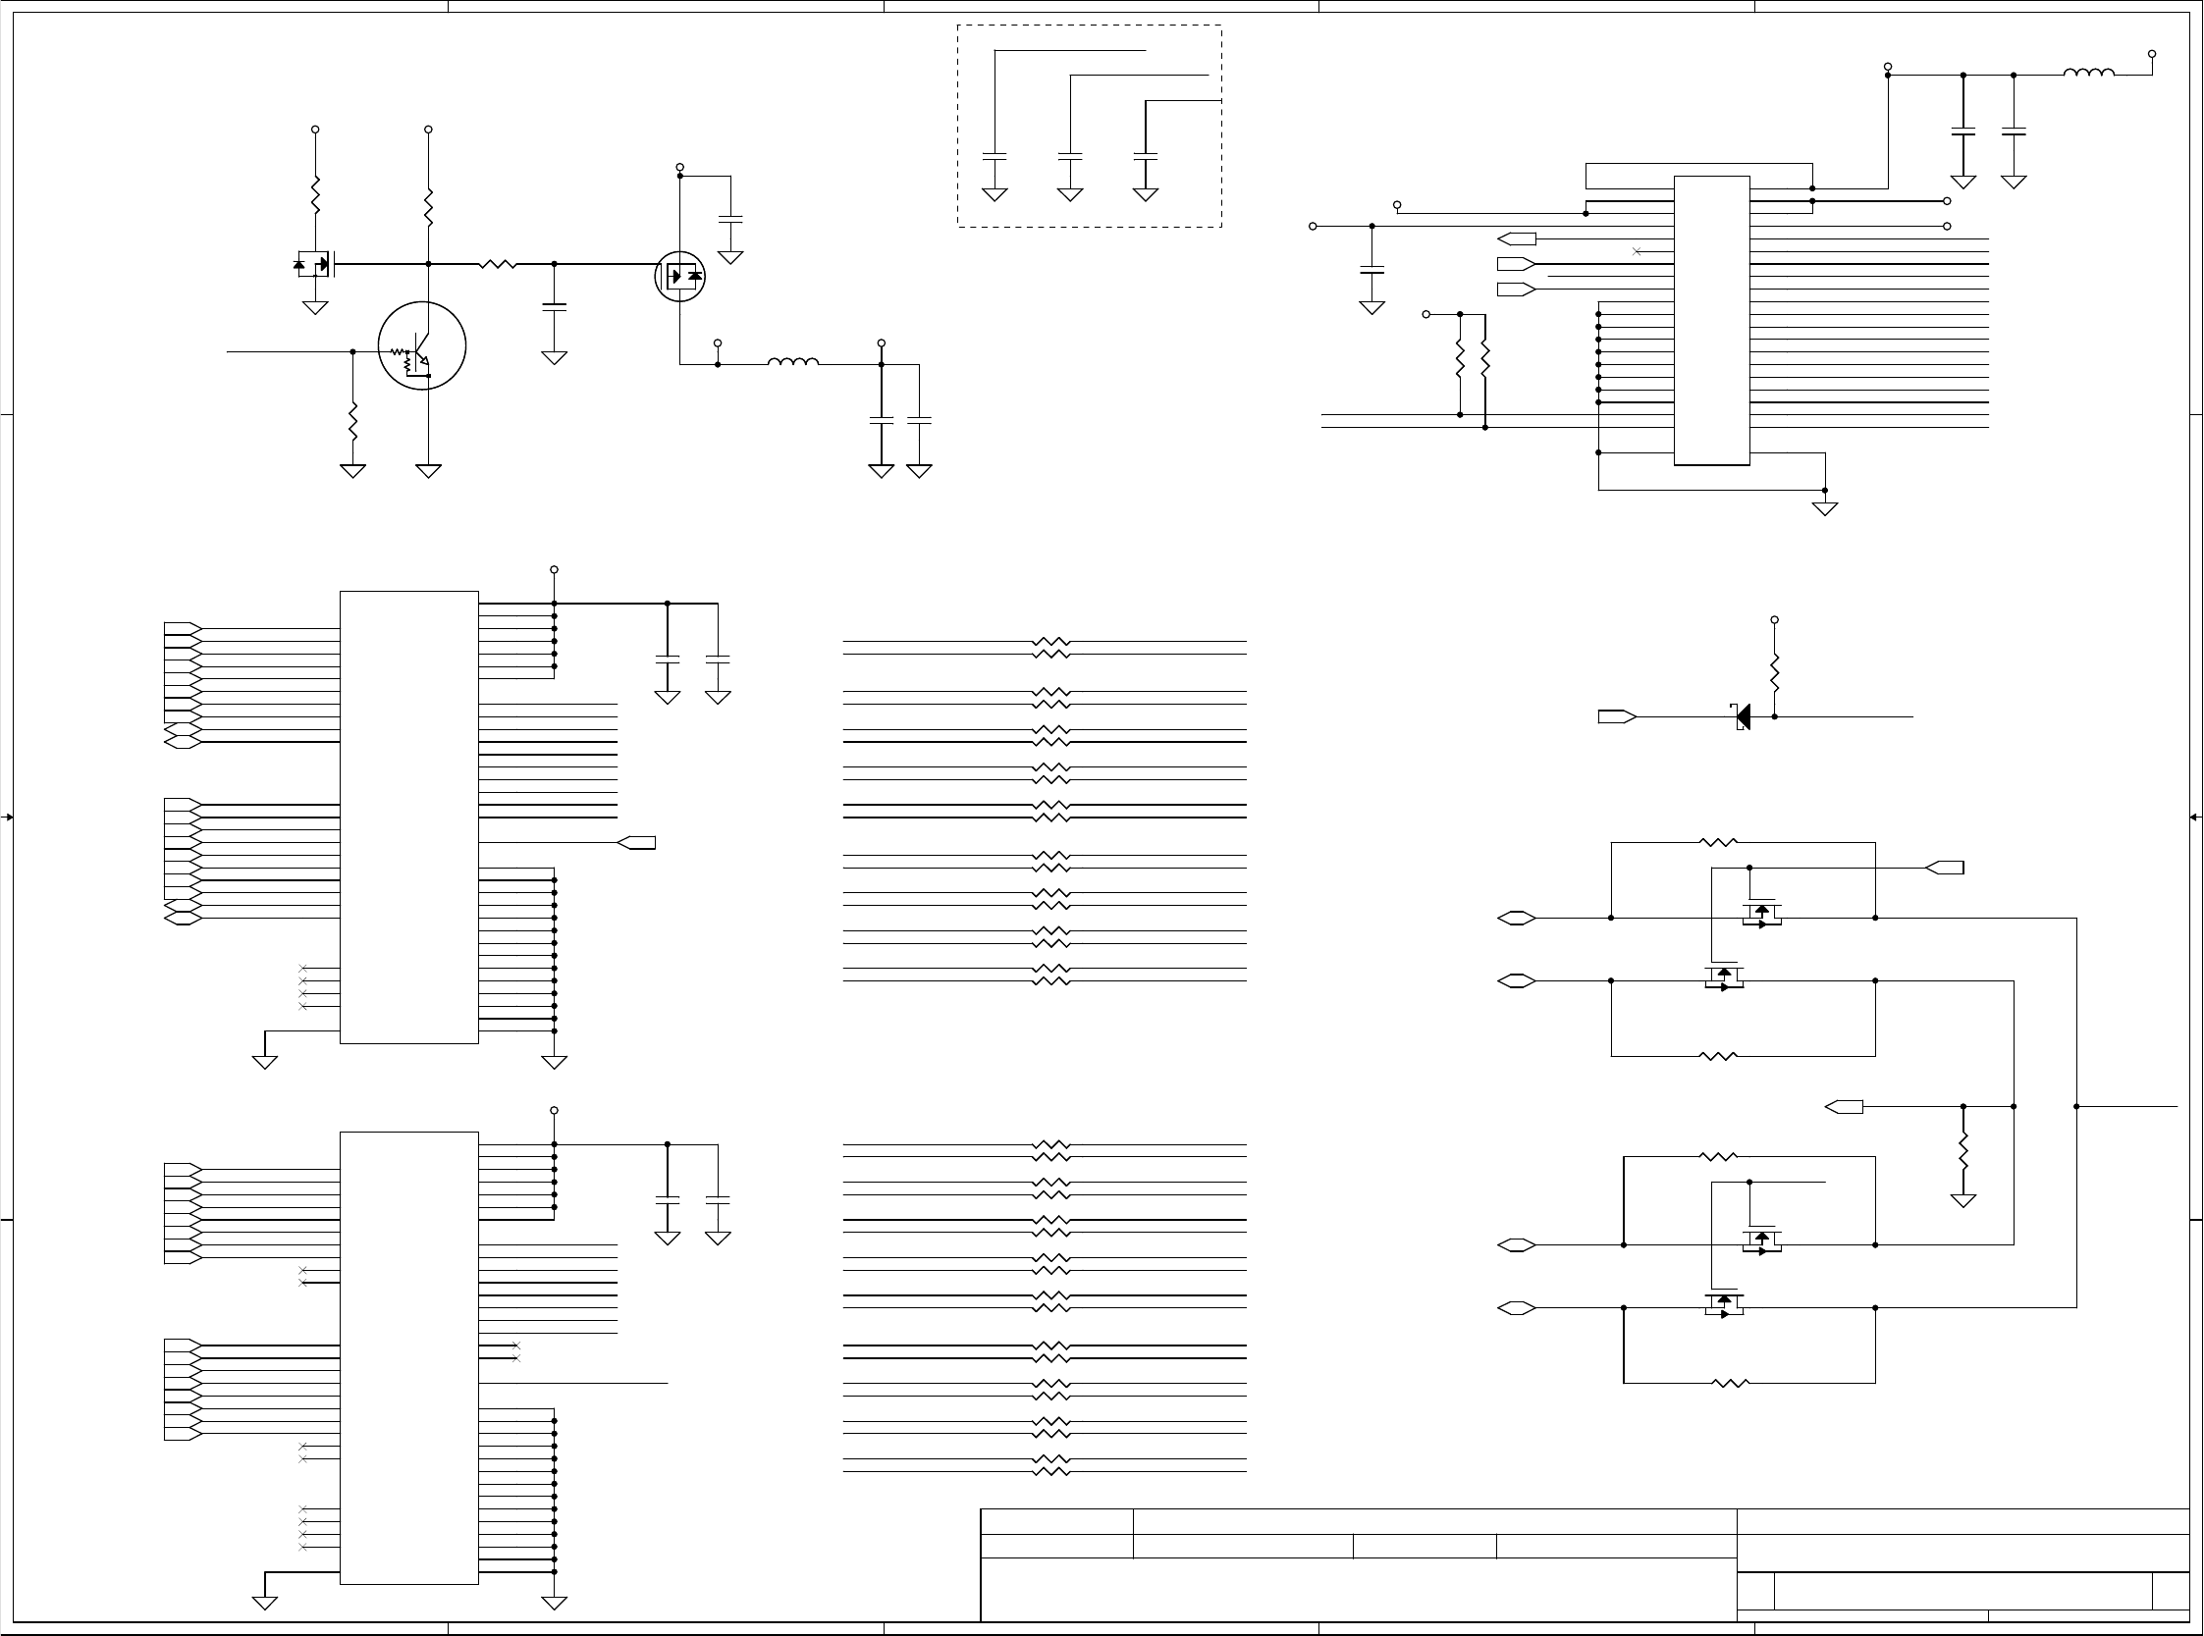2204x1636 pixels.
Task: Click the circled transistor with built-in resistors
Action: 421,345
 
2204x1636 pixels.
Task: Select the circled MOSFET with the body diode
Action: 679,277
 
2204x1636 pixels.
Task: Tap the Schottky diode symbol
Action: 1743,716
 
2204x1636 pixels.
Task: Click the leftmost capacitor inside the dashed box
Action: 994,156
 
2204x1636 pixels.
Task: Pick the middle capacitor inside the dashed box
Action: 1070,156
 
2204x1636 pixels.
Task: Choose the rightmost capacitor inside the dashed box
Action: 1145,156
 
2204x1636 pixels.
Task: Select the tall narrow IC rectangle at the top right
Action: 1711,320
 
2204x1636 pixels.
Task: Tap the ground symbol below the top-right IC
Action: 1825,508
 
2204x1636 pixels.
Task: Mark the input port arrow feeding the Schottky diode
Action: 1616,717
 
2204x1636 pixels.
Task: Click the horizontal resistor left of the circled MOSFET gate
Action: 498,264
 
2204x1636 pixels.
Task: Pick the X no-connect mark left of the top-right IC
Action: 1637,251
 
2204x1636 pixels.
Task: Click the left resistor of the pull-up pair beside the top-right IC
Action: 1459,358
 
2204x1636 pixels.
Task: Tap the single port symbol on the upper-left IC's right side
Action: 636,843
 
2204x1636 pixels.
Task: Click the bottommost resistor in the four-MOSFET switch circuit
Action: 1730,1383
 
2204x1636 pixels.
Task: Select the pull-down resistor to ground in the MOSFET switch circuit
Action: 1962,1151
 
